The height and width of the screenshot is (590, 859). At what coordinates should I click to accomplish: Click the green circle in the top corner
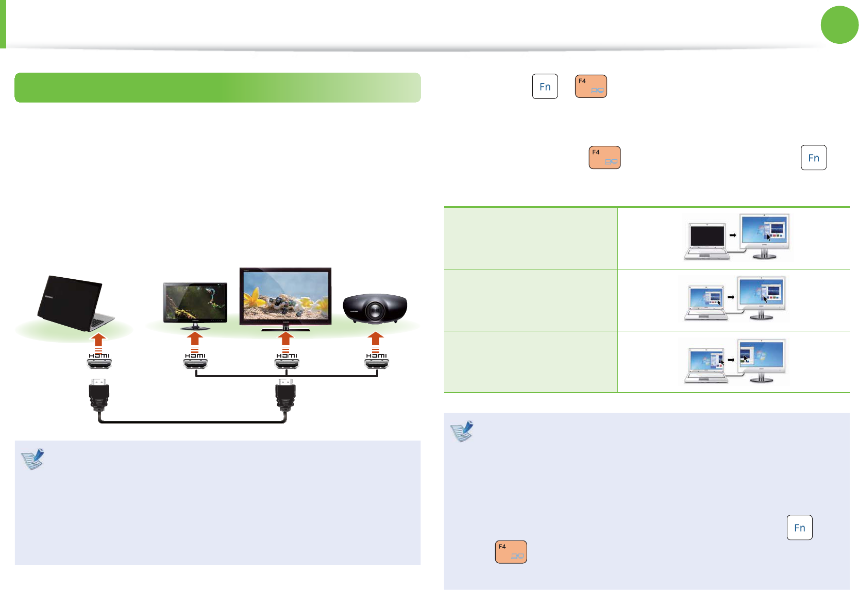coord(839,25)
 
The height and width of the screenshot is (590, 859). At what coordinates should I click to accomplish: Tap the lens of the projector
coord(375,310)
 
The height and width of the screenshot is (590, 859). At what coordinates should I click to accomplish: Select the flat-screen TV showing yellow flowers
coord(285,298)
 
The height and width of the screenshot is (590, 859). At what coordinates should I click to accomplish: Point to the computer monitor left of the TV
coord(195,305)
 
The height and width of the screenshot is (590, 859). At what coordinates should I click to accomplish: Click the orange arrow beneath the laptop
coord(99,340)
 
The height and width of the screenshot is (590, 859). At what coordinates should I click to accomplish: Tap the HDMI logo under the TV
coord(287,356)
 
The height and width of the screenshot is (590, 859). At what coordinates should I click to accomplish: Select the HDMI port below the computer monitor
coord(195,364)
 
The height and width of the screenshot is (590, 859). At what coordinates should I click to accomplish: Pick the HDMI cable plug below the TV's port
coord(285,394)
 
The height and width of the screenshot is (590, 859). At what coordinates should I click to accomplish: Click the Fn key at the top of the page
coord(545,87)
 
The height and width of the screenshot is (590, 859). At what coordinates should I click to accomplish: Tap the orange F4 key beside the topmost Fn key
coord(591,87)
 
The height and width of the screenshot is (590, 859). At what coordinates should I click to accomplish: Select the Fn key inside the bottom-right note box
coord(799,528)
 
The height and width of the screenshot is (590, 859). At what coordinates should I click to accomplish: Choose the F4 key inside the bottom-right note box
coord(511,552)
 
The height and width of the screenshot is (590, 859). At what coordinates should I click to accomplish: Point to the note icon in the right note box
coord(462,431)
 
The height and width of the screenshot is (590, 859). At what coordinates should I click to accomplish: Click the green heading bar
coord(217,88)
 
